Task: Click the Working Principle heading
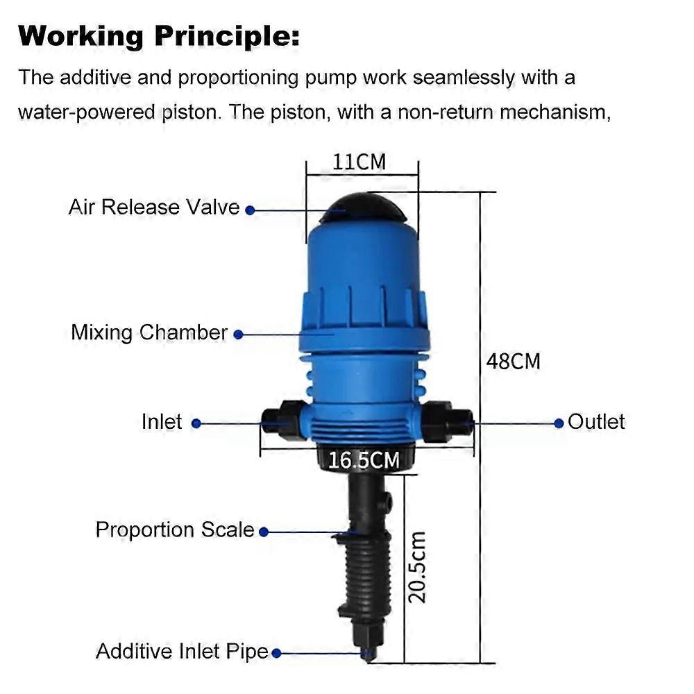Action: [159, 35]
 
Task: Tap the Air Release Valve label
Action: [154, 207]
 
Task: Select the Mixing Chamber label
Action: [149, 332]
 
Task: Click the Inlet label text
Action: [162, 422]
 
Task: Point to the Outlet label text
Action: [596, 421]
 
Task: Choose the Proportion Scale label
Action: [175, 530]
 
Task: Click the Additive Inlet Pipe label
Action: [182, 652]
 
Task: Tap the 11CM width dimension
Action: [359, 162]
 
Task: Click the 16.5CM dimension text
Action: [364, 460]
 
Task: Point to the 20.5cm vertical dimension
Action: [416, 567]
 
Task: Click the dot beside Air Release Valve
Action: [250, 210]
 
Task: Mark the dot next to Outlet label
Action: [559, 423]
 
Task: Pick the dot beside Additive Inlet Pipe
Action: [276, 653]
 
